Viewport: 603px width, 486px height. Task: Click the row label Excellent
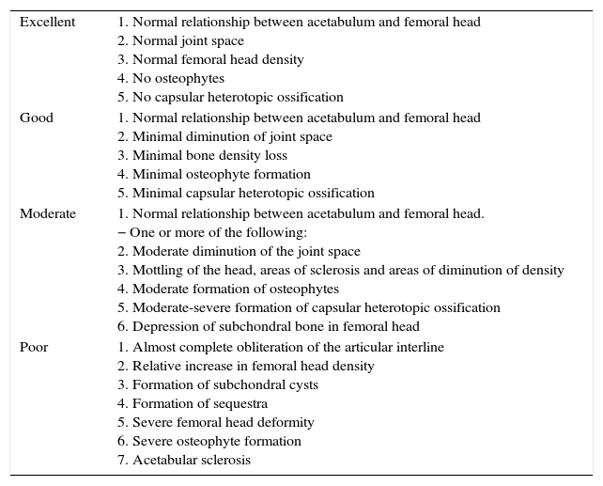tap(47, 22)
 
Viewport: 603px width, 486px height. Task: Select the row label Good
tap(37, 118)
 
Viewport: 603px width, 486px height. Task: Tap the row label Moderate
tap(48, 213)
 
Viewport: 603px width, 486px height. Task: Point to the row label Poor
tap(34, 347)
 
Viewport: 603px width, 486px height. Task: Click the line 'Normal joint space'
tap(180, 40)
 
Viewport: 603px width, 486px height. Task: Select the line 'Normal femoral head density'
tap(210, 59)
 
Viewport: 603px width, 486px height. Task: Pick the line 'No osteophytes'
tap(171, 78)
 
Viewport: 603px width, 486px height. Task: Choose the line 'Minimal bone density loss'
tap(202, 155)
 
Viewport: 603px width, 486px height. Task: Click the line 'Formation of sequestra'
tap(193, 403)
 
